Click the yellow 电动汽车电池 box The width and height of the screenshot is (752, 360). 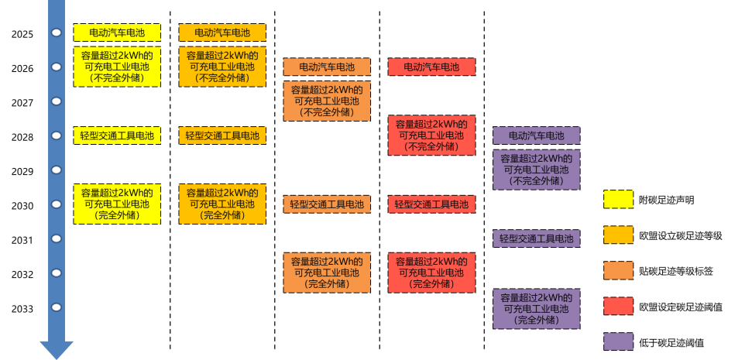click(117, 33)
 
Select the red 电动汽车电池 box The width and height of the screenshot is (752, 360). click(431, 67)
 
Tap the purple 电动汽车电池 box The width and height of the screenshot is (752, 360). click(537, 135)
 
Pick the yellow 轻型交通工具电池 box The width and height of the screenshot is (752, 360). click(117, 135)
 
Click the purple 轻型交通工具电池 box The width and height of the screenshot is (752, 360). click(537, 238)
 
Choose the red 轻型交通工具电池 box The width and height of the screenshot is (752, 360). click(431, 204)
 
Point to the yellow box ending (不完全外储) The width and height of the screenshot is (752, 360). click(117, 67)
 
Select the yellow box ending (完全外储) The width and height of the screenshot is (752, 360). click(117, 204)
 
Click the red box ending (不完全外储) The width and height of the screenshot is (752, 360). click(431, 135)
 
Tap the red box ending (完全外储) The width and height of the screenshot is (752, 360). click(431, 273)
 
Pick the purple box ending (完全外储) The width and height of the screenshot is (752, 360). click(537, 308)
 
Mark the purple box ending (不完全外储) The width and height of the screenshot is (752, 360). click(537, 170)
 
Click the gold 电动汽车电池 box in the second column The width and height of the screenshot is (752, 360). click(222, 33)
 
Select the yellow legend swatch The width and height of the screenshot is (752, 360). click(618, 199)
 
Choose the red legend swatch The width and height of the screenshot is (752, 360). click(618, 306)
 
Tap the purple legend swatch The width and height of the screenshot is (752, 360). click(618, 341)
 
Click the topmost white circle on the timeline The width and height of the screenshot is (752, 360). click(57, 33)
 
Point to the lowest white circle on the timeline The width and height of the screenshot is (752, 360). click(57, 307)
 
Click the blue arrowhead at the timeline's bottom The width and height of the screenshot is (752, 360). click(57, 350)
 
